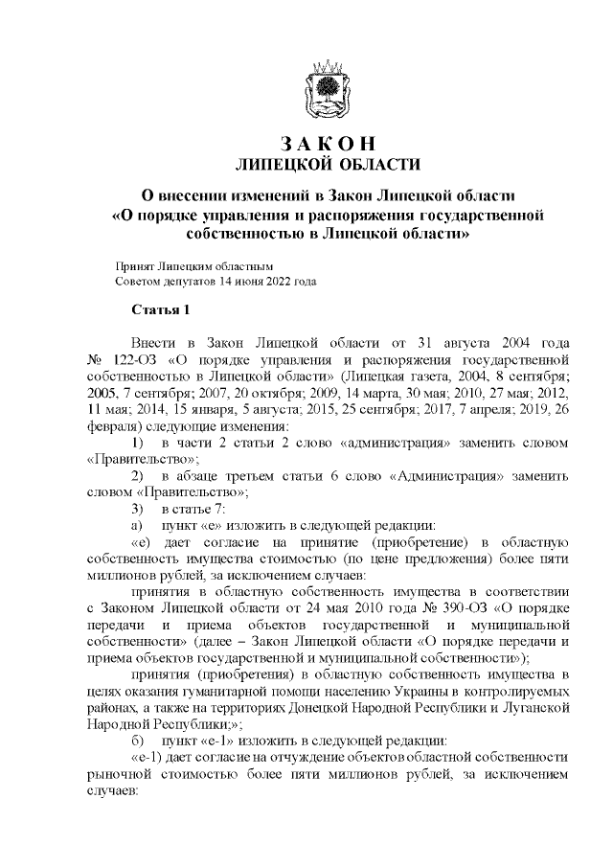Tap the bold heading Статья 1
[x=162, y=308]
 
